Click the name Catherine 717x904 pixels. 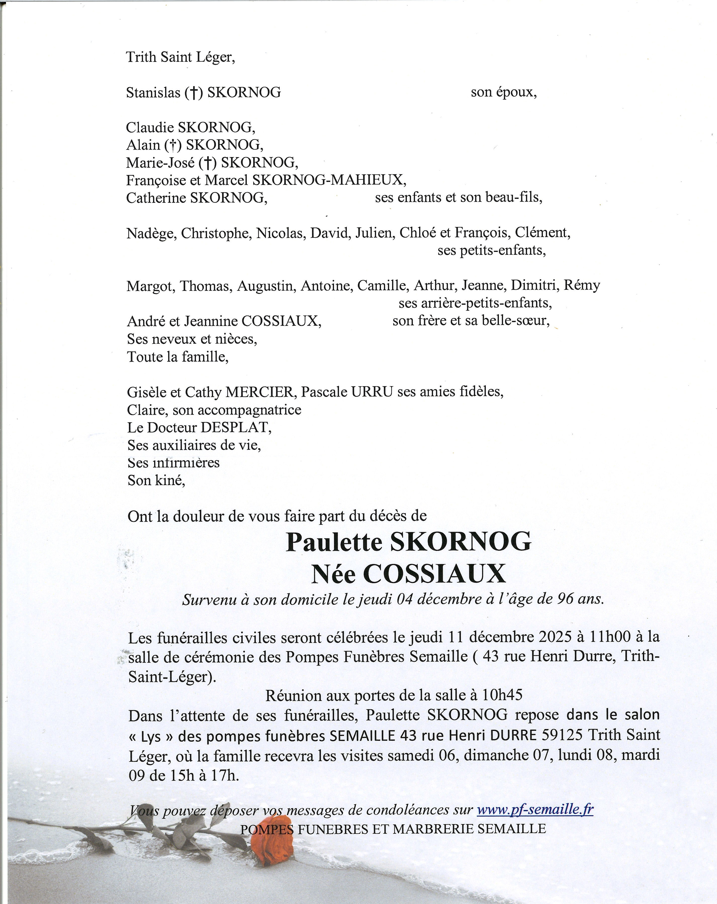[156, 198]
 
